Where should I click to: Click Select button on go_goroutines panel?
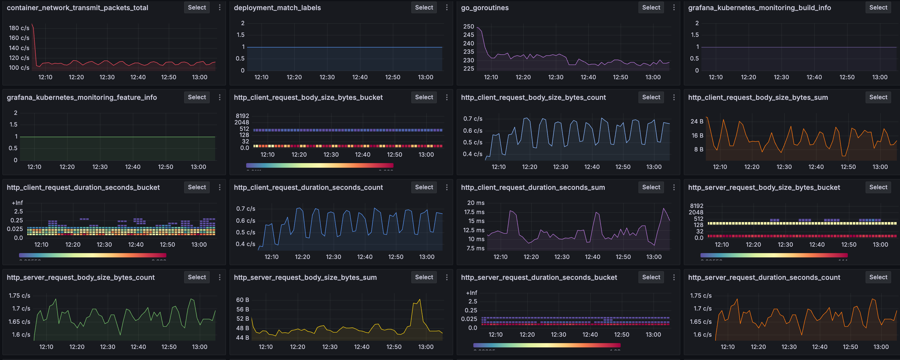pos(651,7)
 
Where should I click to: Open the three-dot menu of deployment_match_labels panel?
pos(447,7)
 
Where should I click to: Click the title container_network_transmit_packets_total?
pos(77,8)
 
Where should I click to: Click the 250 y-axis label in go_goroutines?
pos(468,26)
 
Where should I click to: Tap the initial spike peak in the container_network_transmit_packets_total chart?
pos(33,25)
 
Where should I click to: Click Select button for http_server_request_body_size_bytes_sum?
pos(424,277)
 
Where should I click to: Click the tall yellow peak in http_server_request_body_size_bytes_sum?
pos(419,300)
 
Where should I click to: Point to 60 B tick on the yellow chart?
pos(242,300)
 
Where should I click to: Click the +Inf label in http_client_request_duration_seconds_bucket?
pos(17,203)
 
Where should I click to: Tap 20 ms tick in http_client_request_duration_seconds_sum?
pos(475,203)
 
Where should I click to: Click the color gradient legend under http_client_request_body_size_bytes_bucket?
pos(319,165)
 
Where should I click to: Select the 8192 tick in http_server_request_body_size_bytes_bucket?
pos(696,206)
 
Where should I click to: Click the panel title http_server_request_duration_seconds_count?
pos(764,277)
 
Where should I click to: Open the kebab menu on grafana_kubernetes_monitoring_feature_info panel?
pos(219,97)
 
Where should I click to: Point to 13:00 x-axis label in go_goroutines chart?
pos(653,77)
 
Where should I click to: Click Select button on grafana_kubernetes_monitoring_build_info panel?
pos(878,7)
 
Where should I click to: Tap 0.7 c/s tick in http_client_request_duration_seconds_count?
pos(245,209)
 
